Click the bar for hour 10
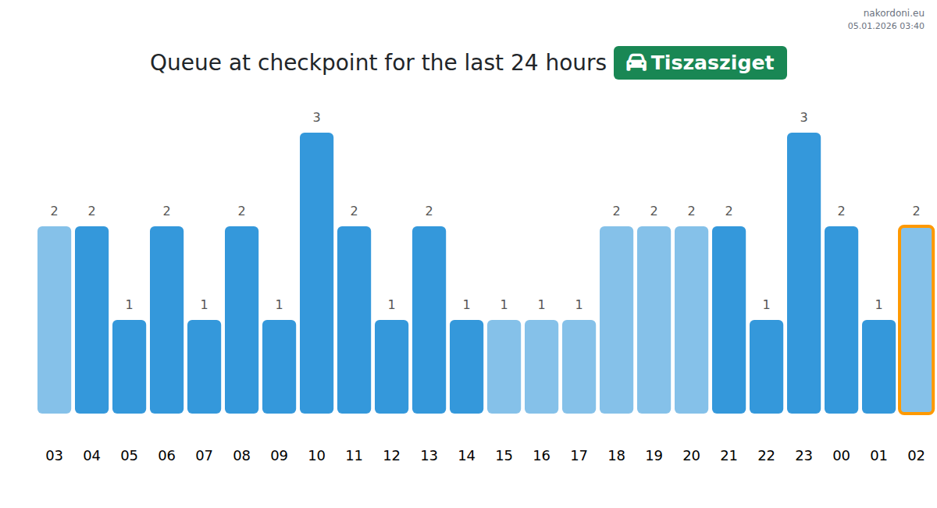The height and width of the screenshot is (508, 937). (316, 273)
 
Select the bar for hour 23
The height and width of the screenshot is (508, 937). (803, 273)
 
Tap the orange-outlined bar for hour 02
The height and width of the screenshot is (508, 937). (916, 320)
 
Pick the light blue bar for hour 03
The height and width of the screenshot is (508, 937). (54, 320)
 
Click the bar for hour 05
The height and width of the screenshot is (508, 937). (129, 367)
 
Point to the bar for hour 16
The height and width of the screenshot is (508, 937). (541, 367)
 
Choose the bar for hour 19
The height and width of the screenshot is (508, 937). (654, 320)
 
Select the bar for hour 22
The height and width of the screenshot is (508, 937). (766, 367)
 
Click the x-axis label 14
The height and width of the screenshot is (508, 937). (466, 456)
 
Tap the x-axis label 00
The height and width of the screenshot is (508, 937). (841, 456)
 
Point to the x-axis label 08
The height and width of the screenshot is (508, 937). (241, 456)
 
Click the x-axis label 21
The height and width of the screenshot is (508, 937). (729, 456)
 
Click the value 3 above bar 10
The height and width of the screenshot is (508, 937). (316, 118)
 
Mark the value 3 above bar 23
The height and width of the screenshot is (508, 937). (803, 118)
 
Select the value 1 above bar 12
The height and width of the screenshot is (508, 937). (391, 305)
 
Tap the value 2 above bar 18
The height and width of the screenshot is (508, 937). (616, 211)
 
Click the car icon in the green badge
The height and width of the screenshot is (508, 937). (636, 62)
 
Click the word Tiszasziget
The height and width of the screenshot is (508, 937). (712, 62)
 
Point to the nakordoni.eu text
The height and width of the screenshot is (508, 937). (893, 13)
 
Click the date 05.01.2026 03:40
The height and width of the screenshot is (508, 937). (885, 26)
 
